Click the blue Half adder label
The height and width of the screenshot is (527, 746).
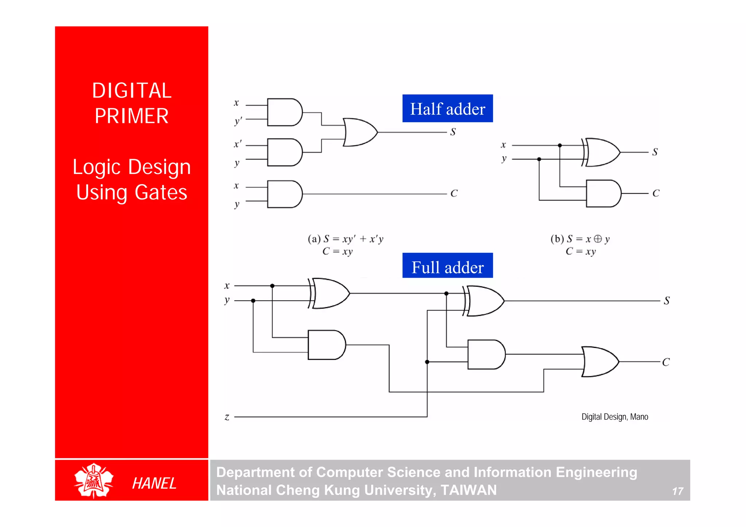click(447, 108)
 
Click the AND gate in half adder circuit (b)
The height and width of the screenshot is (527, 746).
click(603, 193)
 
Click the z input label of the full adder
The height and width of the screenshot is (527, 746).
click(227, 417)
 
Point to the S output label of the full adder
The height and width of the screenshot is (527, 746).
click(667, 301)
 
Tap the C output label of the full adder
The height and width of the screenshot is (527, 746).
click(666, 362)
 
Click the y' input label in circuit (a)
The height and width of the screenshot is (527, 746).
click(238, 121)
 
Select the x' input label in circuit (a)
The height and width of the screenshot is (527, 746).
click(237, 144)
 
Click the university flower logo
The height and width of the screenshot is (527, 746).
click(94, 480)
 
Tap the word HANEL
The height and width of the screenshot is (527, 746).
click(154, 483)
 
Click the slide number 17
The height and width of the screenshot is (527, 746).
click(678, 491)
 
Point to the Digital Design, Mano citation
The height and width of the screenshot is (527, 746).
click(615, 417)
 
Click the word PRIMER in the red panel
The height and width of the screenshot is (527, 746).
click(131, 116)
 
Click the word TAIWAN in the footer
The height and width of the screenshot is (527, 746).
click(468, 490)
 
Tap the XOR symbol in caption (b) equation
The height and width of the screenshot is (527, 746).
click(598, 239)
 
